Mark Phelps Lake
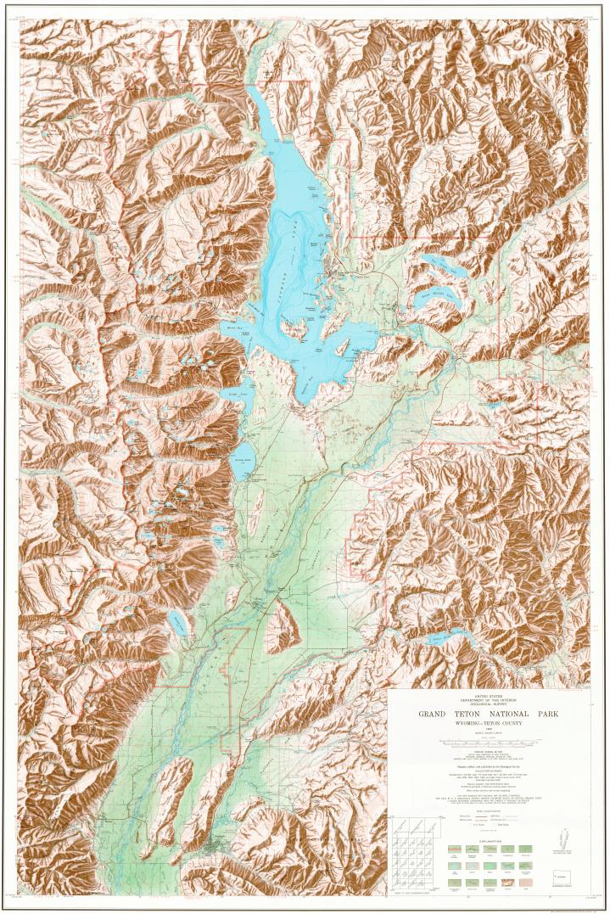point(177,624)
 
